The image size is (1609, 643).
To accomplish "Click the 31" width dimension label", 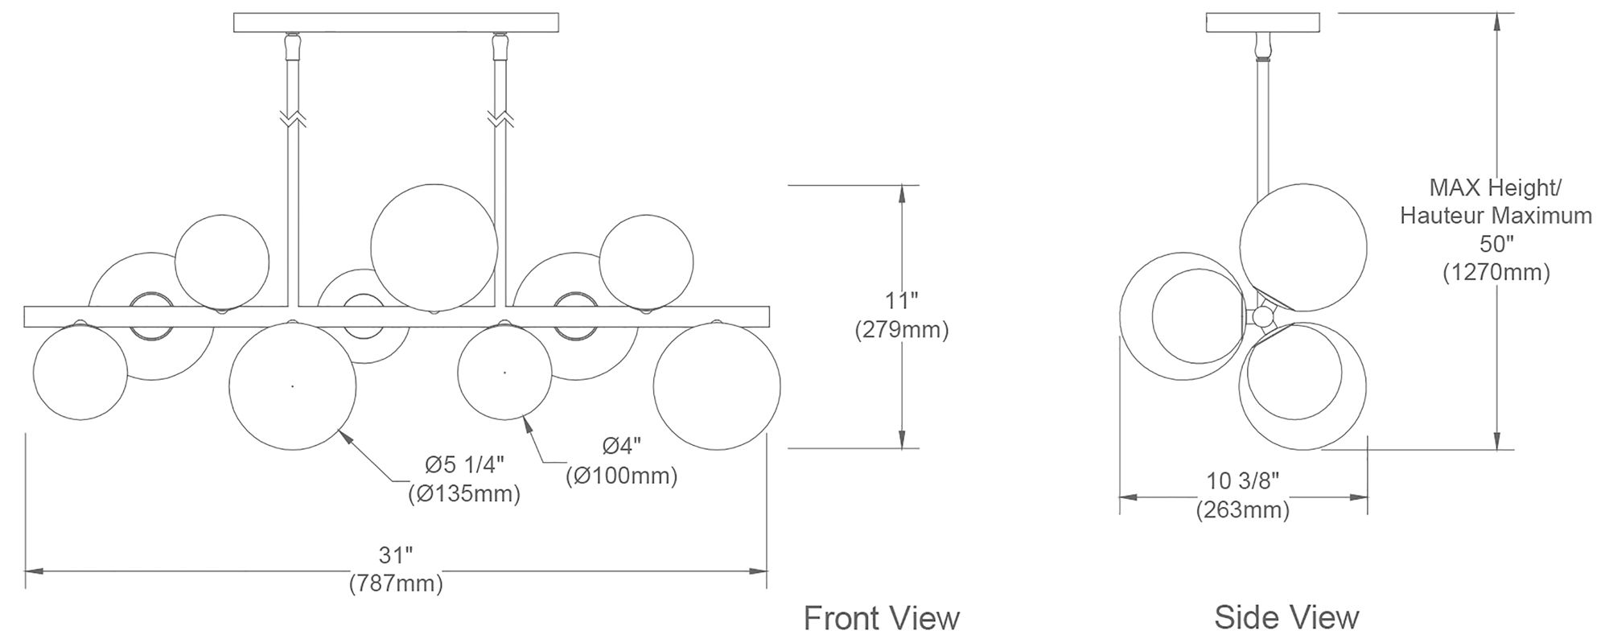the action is [396, 555].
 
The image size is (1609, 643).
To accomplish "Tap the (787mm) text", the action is [396, 583].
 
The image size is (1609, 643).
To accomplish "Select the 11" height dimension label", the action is [902, 301].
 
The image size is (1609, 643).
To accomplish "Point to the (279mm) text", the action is [902, 329].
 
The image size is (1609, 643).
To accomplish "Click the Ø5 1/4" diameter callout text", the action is [464, 464].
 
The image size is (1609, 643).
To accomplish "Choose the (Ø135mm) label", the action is [464, 493].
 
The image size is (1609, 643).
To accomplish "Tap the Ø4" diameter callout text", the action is [622, 446].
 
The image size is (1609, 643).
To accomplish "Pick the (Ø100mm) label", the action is [622, 476].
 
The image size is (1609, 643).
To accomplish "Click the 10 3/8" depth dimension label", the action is [1243, 481].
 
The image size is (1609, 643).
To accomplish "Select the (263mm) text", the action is [1243, 509].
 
